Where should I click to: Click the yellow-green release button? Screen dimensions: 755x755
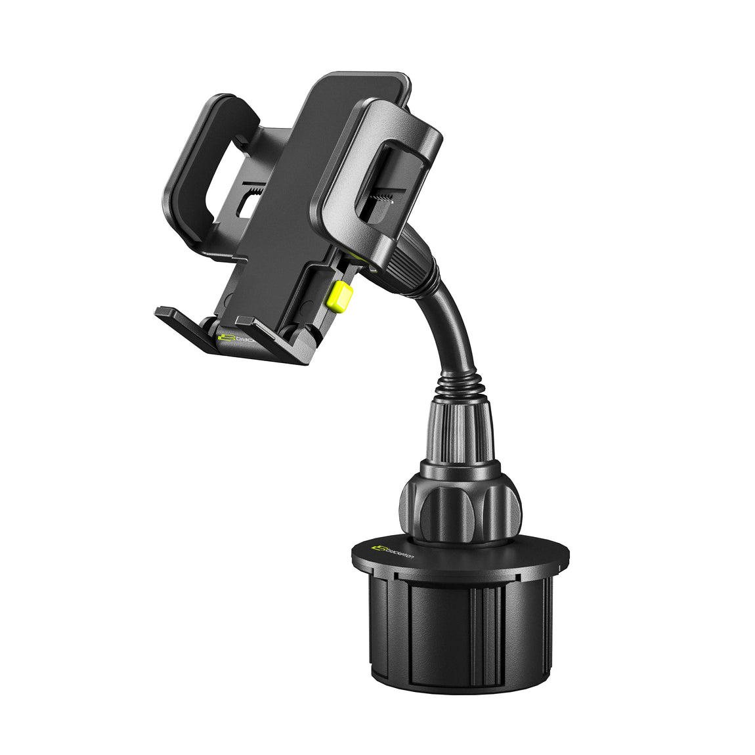pos(339,296)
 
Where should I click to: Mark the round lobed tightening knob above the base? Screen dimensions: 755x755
pos(460,506)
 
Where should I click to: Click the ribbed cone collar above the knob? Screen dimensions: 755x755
pos(460,433)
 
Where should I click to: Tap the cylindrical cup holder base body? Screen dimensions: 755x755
pos(460,630)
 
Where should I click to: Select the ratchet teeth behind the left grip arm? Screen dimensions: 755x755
pos(252,190)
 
